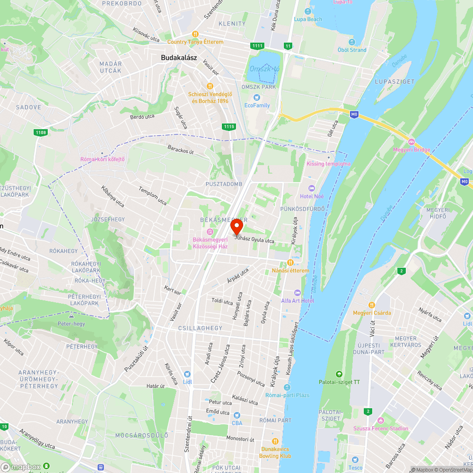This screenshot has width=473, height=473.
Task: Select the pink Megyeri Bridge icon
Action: coord(411,142)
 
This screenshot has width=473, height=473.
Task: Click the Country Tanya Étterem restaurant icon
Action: coord(195,34)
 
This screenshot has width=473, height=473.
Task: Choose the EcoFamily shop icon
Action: coord(256,97)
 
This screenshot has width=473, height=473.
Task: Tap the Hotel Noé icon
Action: coord(311,188)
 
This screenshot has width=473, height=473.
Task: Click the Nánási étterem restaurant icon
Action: coord(290,263)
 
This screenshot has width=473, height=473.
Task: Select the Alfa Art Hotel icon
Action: coord(297,292)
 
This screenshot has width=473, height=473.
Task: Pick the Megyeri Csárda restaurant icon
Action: coord(372,305)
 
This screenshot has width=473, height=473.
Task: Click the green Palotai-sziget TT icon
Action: coord(339,374)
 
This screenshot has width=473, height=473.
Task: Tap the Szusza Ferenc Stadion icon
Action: coord(380,420)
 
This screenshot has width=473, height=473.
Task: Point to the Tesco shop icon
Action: coord(355,460)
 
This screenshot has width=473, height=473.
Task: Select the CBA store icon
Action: coord(237,415)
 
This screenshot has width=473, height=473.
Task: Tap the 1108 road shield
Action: coord(41,132)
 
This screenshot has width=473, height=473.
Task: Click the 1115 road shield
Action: coord(229,126)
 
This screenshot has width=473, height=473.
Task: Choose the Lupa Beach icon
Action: coord(308,11)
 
